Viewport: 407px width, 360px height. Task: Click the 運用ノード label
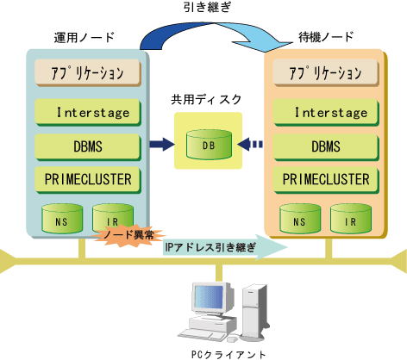pos(85,38)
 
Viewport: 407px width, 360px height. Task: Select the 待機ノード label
pos(326,37)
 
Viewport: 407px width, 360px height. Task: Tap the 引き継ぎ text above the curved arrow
pos(207,7)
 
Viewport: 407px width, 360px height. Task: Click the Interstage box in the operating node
pos(88,112)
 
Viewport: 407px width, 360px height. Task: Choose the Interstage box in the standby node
pos(326,112)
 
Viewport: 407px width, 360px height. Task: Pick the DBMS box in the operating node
pos(88,146)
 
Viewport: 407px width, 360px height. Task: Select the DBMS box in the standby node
pos(326,146)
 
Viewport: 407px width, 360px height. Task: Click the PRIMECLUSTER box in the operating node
pos(88,180)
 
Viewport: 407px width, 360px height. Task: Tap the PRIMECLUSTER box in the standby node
pos(326,180)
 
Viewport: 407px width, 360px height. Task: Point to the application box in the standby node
pos(326,72)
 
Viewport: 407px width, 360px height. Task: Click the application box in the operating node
pos(88,72)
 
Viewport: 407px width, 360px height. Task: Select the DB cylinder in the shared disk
pos(209,145)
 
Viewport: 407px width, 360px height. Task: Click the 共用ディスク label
pos(206,100)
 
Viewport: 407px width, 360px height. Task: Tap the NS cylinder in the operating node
pos(62,218)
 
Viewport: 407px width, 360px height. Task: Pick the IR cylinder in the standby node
pos(351,218)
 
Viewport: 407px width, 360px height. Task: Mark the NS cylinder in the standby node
pos(300,218)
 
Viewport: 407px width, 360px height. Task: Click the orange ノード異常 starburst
pos(128,235)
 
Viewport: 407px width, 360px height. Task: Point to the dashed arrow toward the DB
pos(250,144)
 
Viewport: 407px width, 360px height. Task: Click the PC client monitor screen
pos(209,297)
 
